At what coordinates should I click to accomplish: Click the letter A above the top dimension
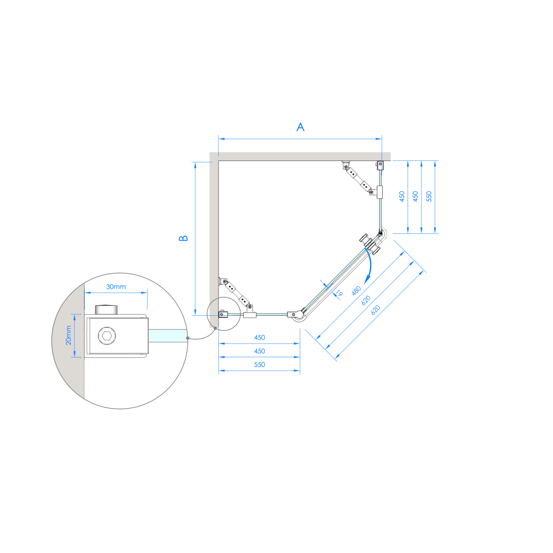coord(300,127)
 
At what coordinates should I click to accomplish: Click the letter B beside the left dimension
coord(184,238)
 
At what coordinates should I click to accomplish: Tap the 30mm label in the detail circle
coord(116,286)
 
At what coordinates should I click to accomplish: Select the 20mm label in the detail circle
coord(69,335)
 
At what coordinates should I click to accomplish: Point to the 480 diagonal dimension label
coord(357,291)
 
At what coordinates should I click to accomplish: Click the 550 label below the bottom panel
coord(259,364)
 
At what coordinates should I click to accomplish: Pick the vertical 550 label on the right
coord(429,196)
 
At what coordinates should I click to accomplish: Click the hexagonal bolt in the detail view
coord(107,336)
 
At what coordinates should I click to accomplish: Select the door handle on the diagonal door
coord(370,244)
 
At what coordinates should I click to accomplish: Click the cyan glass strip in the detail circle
coord(167,336)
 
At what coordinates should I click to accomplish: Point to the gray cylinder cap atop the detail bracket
coord(107,310)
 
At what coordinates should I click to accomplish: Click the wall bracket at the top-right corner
coord(380,165)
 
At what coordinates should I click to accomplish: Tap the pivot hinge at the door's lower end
coord(297,315)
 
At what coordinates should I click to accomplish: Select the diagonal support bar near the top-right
coord(358,178)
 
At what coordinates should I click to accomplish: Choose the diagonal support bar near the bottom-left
coord(236,294)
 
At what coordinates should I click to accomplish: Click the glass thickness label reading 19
coord(339,293)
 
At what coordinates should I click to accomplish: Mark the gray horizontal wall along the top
coord(300,156)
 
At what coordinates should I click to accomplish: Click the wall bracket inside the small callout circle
coord(223,314)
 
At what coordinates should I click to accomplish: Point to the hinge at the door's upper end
coord(381,233)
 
